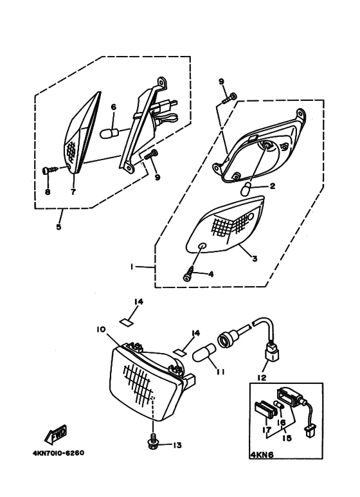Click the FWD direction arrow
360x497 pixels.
[56, 435]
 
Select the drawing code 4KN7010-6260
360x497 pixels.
[59, 453]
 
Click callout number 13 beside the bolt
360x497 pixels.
[177, 446]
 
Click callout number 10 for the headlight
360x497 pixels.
[101, 330]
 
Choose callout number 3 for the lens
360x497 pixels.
[254, 258]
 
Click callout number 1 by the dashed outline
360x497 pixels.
[131, 267]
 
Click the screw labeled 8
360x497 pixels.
[50, 171]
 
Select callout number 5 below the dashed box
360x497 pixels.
[59, 227]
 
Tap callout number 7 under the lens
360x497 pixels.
[73, 192]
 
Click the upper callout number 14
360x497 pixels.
[138, 302]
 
